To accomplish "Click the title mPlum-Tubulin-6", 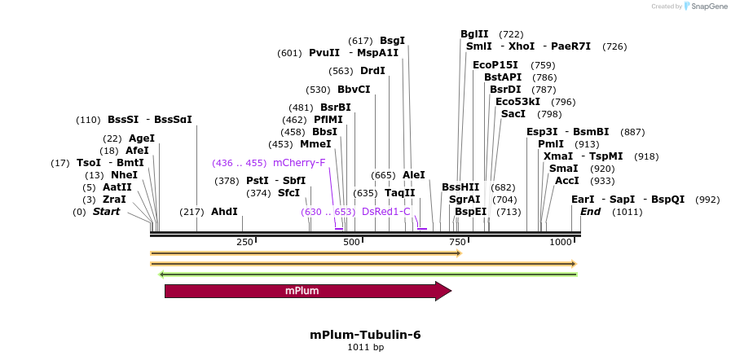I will click(x=365, y=335).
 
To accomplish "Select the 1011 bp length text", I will click(x=365, y=348).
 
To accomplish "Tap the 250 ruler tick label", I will click(x=244, y=243).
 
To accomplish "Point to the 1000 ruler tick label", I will click(x=561, y=243).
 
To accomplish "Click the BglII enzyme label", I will click(x=474, y=34).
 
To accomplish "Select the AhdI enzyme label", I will click(x=224, y=212).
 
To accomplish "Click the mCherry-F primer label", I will click(x=299, y=163).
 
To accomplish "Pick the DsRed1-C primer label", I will click(x=386, y=212).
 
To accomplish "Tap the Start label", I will click(x=106, y=212).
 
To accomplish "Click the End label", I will click(x=591, y=212).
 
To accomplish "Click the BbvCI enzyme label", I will click(x=354, y=90).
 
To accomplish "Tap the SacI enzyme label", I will click(x=513, y=114).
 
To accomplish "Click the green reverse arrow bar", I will click(x=368, y=274).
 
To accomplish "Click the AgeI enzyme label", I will click(x=141, y=138).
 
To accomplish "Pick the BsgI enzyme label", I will click(x=392, y=41).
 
